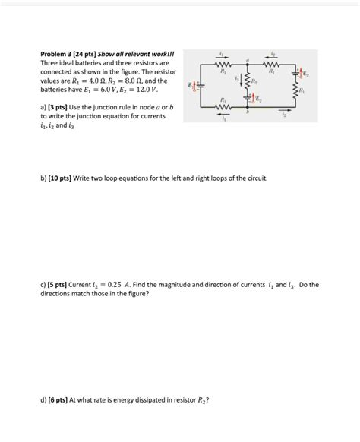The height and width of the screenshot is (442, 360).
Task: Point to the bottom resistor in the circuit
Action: click(x=223, y=109)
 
